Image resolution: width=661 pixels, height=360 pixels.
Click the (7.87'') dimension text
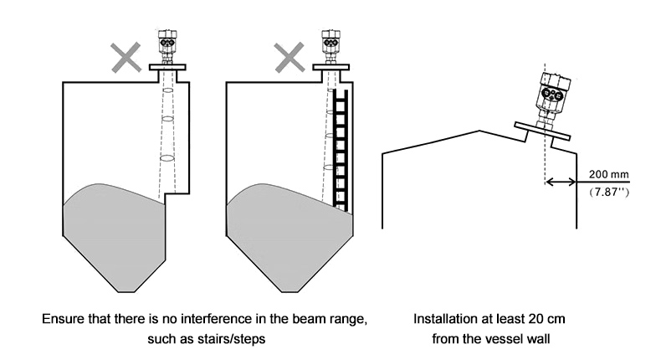(x=608, y=193)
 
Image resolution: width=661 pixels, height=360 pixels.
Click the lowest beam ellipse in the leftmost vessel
(x=167, y=157)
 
